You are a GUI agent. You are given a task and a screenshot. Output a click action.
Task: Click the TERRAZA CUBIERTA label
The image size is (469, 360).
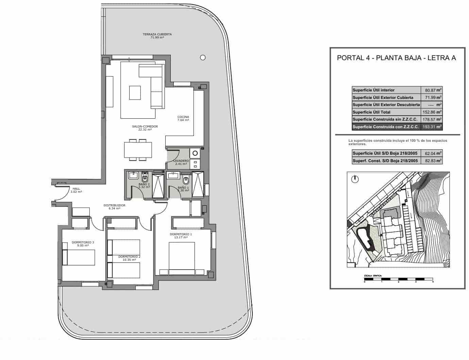[x=157, y=34]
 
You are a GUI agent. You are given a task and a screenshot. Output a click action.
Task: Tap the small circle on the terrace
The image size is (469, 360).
[x=203, y=57]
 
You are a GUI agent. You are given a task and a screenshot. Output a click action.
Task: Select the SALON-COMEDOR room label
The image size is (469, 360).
[x=145, y=127]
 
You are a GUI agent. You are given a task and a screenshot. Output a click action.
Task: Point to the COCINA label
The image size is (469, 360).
[x=183, y=117]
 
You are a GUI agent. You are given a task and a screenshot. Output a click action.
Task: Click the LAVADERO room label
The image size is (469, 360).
[x=180, y=161]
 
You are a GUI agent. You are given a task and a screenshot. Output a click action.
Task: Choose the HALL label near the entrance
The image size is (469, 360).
[x=76, y=189]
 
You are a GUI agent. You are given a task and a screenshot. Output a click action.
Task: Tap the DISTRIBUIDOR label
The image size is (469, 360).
[x=115, y=206]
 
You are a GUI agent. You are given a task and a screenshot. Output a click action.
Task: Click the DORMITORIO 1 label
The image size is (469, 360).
[x=181, y=234]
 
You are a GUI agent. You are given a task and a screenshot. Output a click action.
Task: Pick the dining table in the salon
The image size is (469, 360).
[x=138, y=150]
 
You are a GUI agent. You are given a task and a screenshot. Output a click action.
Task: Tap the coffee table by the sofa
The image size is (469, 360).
[x=135, y=92]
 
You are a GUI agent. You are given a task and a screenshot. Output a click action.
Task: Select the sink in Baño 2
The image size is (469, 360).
[x=132, y=176]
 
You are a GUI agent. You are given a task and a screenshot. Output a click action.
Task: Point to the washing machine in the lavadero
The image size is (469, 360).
[x=195, y=153]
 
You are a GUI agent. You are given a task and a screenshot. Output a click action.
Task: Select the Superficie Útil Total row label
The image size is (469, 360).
[x=371, y=112]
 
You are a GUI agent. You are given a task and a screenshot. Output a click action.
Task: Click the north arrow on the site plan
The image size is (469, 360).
[x=355, y=179]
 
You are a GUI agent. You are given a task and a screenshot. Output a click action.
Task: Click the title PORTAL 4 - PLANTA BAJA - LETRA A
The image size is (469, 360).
[x=396, y=58]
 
